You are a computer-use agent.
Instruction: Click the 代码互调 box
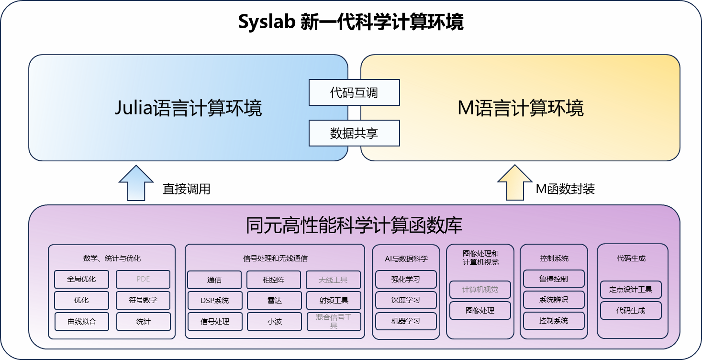(x=354, y=92)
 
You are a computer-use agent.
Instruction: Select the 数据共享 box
(x=354, y=133)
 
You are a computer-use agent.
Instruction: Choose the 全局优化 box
(x=81, y=279)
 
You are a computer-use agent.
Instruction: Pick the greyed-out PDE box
(x=143, y=279)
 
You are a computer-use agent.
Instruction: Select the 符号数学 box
(x=143, y=300)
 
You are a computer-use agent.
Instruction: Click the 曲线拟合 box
(x=81, y=321)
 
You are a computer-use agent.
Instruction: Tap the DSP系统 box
(x=214, y=300)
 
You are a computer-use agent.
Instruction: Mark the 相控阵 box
(x=274, y=280)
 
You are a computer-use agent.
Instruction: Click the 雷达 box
(x=274, y=300)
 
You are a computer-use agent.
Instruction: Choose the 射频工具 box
(x=334, y=300)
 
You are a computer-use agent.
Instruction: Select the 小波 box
(x=274, y=321)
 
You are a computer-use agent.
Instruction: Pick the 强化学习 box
(x=406, y=279)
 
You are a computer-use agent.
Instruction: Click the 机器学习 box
(x=406, y=321)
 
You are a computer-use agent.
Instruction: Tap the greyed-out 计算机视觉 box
(x=480, y=290)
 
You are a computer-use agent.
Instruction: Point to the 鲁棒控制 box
(x=554, y=279)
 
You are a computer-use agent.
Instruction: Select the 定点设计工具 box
(x=631, y=290)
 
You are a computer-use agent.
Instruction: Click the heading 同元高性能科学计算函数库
(x=354, y=225)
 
